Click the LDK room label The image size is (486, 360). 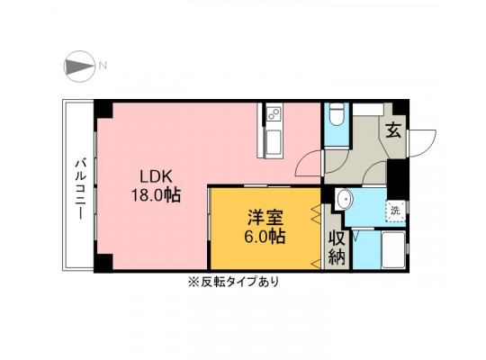point(156,176)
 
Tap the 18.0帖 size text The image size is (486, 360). point(156,195)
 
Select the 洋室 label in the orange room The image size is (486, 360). point(265,218)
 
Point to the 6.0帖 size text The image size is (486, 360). point(265,237)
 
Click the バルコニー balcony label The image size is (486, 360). point(81,189)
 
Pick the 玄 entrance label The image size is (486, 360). point(393,130)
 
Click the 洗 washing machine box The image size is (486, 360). point(395,211)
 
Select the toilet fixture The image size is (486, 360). point(337,114)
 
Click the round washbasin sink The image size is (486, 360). point(344,200)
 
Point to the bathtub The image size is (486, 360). point(393,250)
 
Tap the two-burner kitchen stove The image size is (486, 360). point(274,113)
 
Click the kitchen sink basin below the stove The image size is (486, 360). point(274,141)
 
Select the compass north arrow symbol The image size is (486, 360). point(79,67)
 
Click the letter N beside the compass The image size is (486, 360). point(103,66)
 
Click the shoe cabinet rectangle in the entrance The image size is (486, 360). point(368,110)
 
